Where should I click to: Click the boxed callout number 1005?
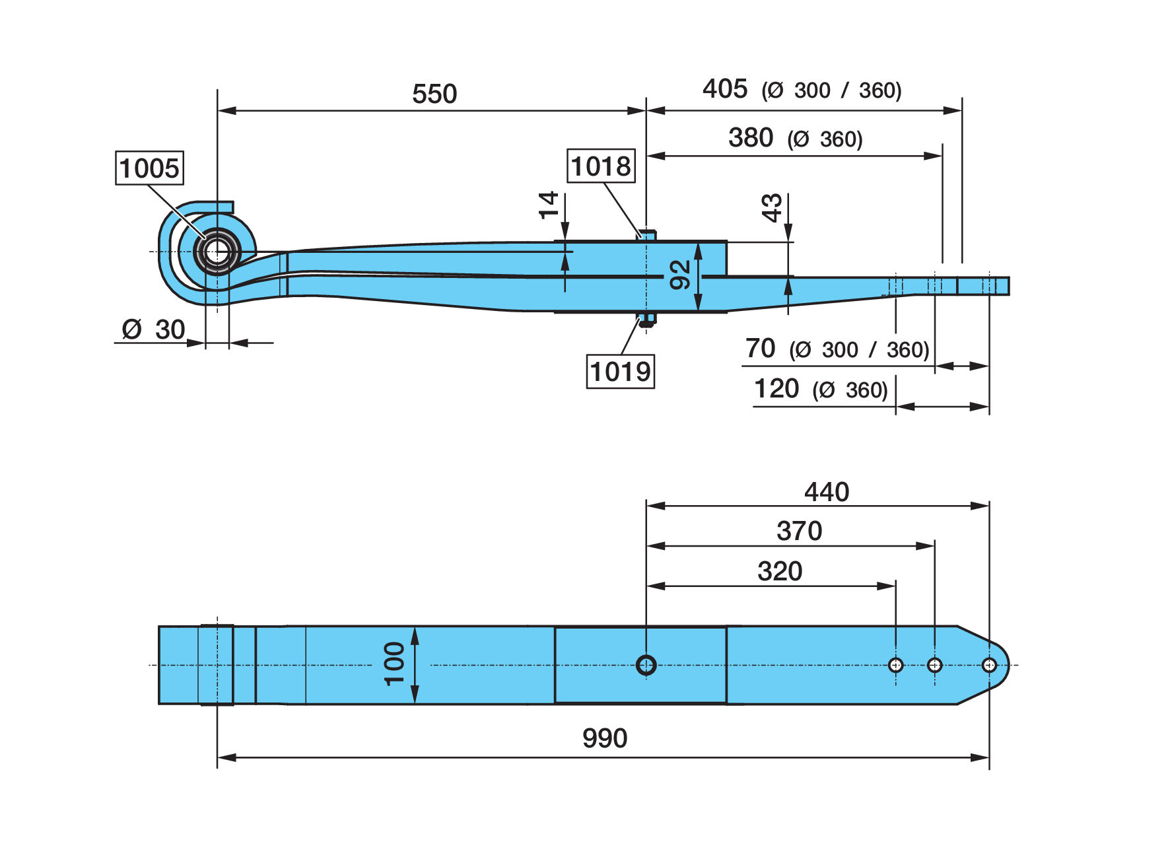click(x=149, y=168)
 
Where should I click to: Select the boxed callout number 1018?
click(x=601, y=166)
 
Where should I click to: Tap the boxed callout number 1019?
click(x=620, y=371)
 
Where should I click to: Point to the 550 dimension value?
click(x=434, y=94)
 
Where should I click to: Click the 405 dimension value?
click(x=725, y=88)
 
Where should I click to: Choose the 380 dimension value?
click(x=751, y=138)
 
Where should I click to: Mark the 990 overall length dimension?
click(x=605, y=738)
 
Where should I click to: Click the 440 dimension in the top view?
click(x=827, y=492)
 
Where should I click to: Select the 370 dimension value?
click(x=799, y=531)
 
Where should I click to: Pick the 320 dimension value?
click(x=780, y=571)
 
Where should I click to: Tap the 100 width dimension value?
click(x=394, y=664)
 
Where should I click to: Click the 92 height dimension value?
click(x=679, y=275)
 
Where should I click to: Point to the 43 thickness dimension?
click(x=772, y=208)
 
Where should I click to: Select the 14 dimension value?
click(x=549, y=205)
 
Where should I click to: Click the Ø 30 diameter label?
click(x=153, y=329)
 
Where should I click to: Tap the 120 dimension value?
click(x=776, y=388)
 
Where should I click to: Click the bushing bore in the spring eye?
click(x=217, y=252)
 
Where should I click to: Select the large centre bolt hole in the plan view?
click(x=646, y=665)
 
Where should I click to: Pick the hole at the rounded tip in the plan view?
click(x=988, y=665)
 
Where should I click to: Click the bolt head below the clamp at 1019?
click(x=646, y=319)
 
